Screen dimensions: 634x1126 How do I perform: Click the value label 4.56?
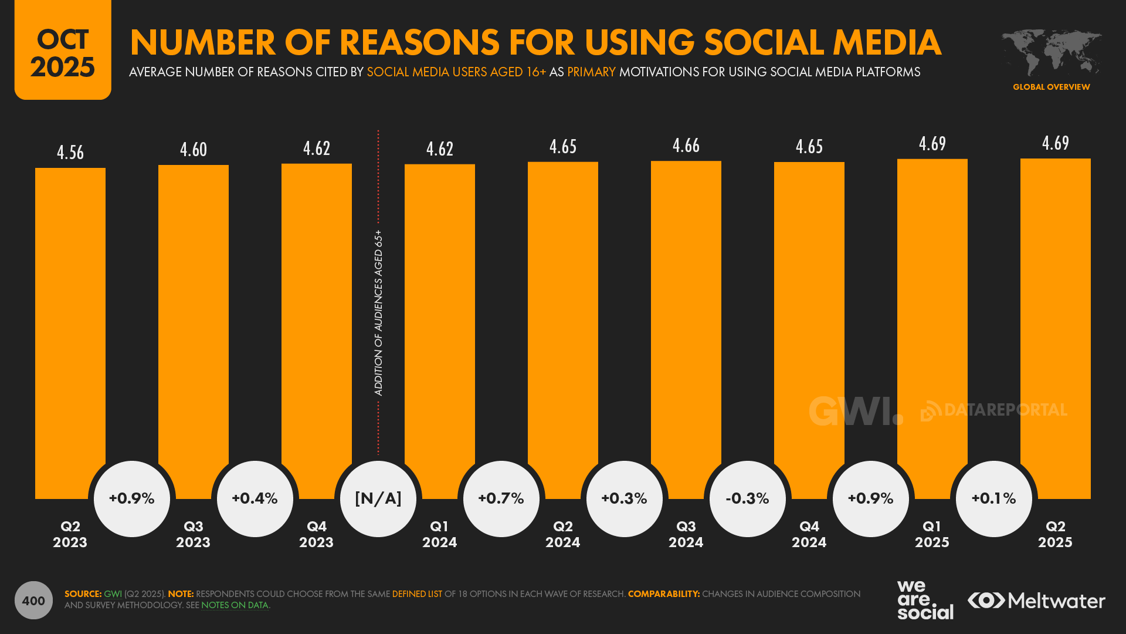point(70,153)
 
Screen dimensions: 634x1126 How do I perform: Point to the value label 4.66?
point(686,146)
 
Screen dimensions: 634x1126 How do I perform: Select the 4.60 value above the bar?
point(194,150)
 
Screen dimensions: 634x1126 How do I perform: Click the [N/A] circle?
point(378,499)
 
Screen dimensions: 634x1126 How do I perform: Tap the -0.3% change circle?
point(748,499)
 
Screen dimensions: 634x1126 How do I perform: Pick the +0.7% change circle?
point(501,499)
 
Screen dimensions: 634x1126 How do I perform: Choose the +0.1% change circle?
point(994,499)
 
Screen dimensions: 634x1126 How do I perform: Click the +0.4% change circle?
point(255,499)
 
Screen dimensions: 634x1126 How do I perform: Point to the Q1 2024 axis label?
point(439,534)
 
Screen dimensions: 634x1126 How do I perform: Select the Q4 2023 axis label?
point(316,534)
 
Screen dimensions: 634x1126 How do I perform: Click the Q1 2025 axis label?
point(932,534)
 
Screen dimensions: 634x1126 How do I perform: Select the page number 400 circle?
point(33,601)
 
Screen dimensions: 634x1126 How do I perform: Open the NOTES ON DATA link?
point(235,605)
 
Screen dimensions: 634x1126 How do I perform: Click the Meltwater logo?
point(1036,601)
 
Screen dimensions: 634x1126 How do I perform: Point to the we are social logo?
point(925,600)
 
